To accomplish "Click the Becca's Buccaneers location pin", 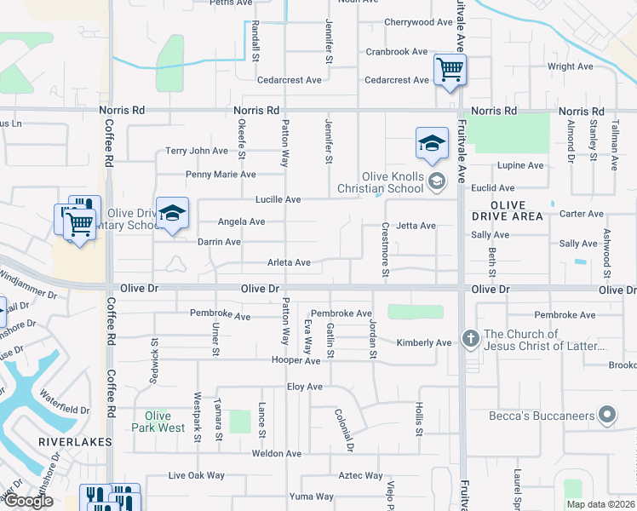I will pyautogui.click(x=606, y=416).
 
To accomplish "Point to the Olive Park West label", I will pyautogui.click(x=158, y=422).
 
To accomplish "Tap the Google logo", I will pyautogui.click(x=27, y=501).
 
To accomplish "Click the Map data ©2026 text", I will pyautogui.click(x=600, y=504).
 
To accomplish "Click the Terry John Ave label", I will pyautogui.click(x=197, y=151).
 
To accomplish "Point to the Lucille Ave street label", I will pyautogui.click(x=278, y=199).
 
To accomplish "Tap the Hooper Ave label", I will pyautogui.click(x=296, y=361).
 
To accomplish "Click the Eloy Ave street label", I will pyautogui.click(x=304, y=387).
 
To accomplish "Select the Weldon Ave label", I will pyautogui.click(x=276, y=454).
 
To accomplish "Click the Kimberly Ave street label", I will pyautogui.click(x=424, y=342).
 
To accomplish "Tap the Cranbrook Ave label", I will pyautogui.click(x=396, y=52).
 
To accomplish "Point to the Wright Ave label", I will pyautogui.click(x=571, y=66).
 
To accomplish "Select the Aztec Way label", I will pyautogui.click(x=361, y=476).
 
